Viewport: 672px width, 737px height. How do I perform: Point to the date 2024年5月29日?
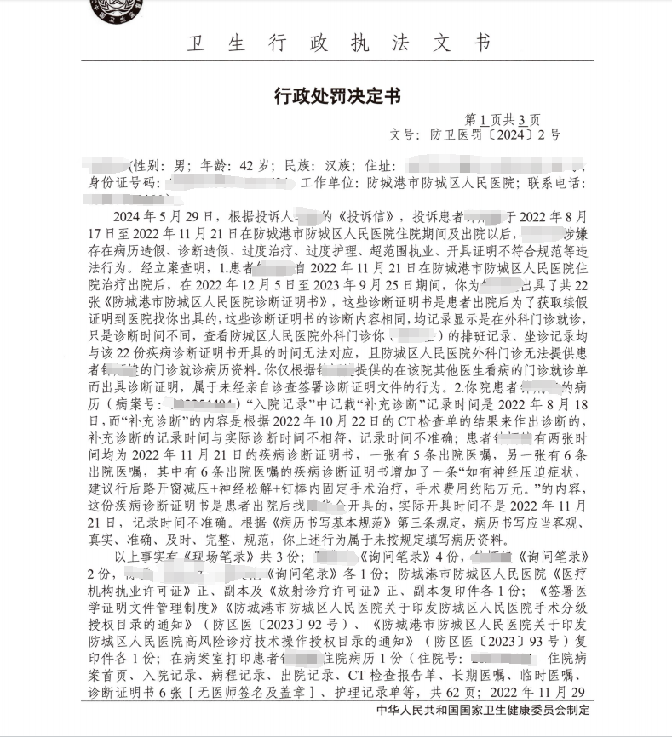pos(151,218)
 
